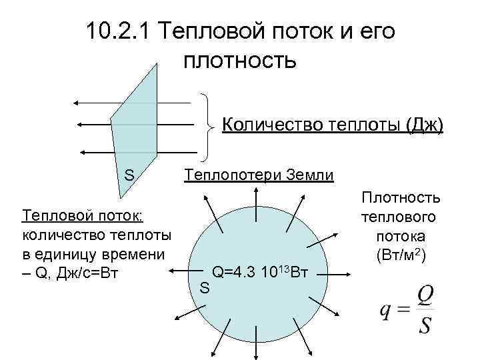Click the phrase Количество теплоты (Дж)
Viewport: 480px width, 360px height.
(332, 125)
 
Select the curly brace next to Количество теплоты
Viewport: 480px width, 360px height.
(209, 125)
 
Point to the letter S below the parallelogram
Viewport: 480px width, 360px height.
(130, 175)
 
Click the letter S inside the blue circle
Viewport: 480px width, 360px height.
(205, 288)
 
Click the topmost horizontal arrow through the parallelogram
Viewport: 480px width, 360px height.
(133, 102)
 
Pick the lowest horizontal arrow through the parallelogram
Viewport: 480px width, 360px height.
(133, 152)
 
